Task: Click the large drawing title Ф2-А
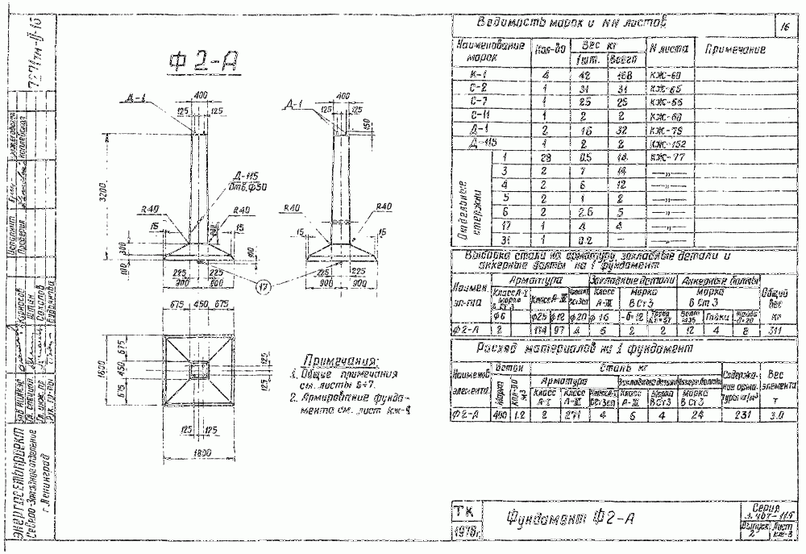coord(206,62)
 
